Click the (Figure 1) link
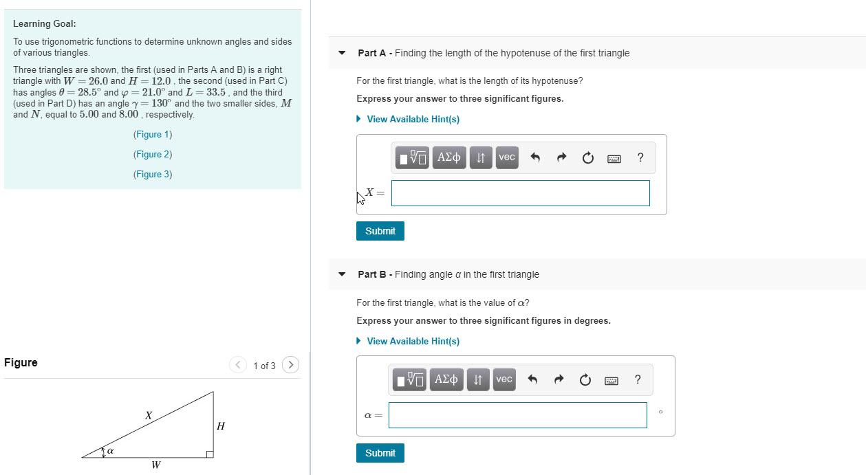(153, 135)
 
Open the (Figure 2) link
(153, 155)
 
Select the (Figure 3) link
(153, 175)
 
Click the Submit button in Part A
(380, 231)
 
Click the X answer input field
(520, 193)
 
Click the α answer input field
(517, 415)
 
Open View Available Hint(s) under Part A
(413, 120)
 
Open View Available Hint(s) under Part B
(413, 342)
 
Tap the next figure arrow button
(291, 365)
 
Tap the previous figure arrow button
(238, 365)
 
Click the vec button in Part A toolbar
(507, 157)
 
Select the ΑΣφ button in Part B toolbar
(446, 379)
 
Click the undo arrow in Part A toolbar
(535, 158)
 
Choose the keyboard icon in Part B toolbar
(611, 380)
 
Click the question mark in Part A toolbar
(640, 157)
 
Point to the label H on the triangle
(220, 426)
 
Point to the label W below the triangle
(156, 465)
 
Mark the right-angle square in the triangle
(210, 454)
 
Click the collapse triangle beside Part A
(342, 53)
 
